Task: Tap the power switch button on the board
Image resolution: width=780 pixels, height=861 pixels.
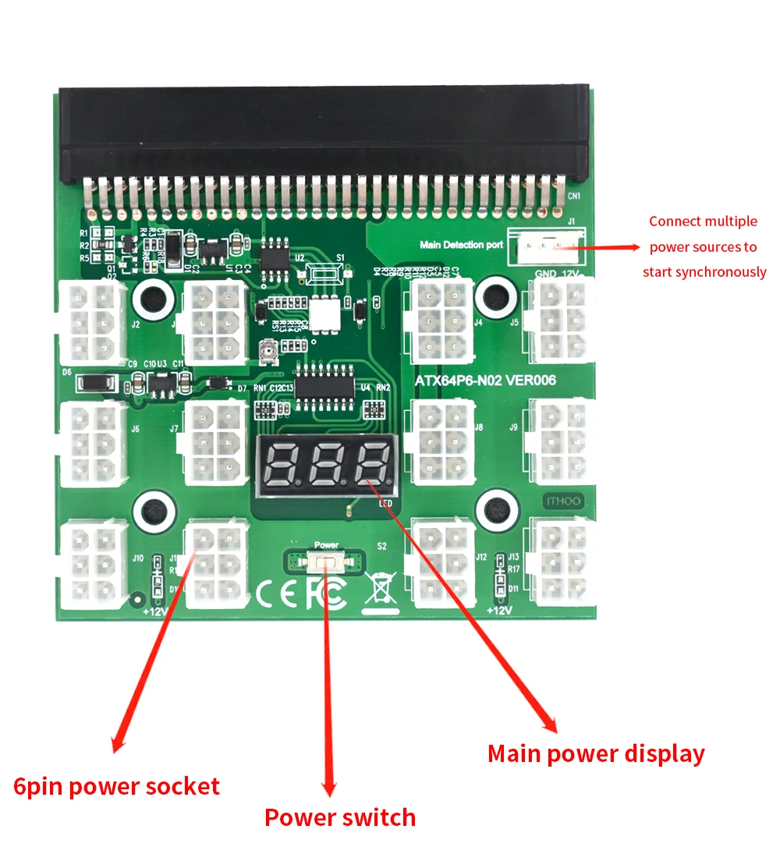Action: [325, 560]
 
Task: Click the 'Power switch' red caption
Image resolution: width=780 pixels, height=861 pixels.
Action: [340, 817]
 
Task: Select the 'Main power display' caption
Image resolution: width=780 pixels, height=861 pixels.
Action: [596, 753]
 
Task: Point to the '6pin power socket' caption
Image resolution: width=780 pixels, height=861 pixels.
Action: [117, 786]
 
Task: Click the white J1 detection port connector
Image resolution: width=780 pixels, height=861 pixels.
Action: [546, 247]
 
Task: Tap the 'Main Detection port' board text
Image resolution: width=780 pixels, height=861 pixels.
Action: [461, 245]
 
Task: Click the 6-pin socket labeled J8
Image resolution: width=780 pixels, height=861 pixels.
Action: [442, 442]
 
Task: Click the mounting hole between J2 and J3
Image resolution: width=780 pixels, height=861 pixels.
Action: [152, 297]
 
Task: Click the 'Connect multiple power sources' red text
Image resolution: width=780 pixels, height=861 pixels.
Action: [704, 246]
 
